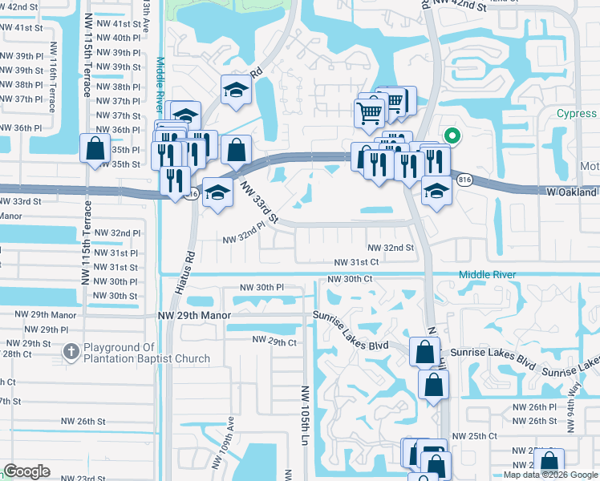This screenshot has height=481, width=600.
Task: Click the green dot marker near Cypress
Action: coord(451,136)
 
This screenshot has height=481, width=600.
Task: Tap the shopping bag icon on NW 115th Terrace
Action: coord(95,148)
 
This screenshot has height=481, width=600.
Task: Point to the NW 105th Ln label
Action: coord(306,413)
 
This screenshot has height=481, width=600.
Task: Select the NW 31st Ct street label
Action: coord(356,262)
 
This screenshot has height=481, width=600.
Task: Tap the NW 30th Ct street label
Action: coord(350,279)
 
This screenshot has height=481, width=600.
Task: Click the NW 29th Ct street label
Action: coord(274,341)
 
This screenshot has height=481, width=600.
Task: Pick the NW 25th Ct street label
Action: coord(474,436)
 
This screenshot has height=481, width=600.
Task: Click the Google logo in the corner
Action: coord(26,471)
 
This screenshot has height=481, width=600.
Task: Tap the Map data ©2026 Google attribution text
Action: coord(550,475)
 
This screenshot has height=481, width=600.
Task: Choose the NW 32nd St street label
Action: coord(391,249)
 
